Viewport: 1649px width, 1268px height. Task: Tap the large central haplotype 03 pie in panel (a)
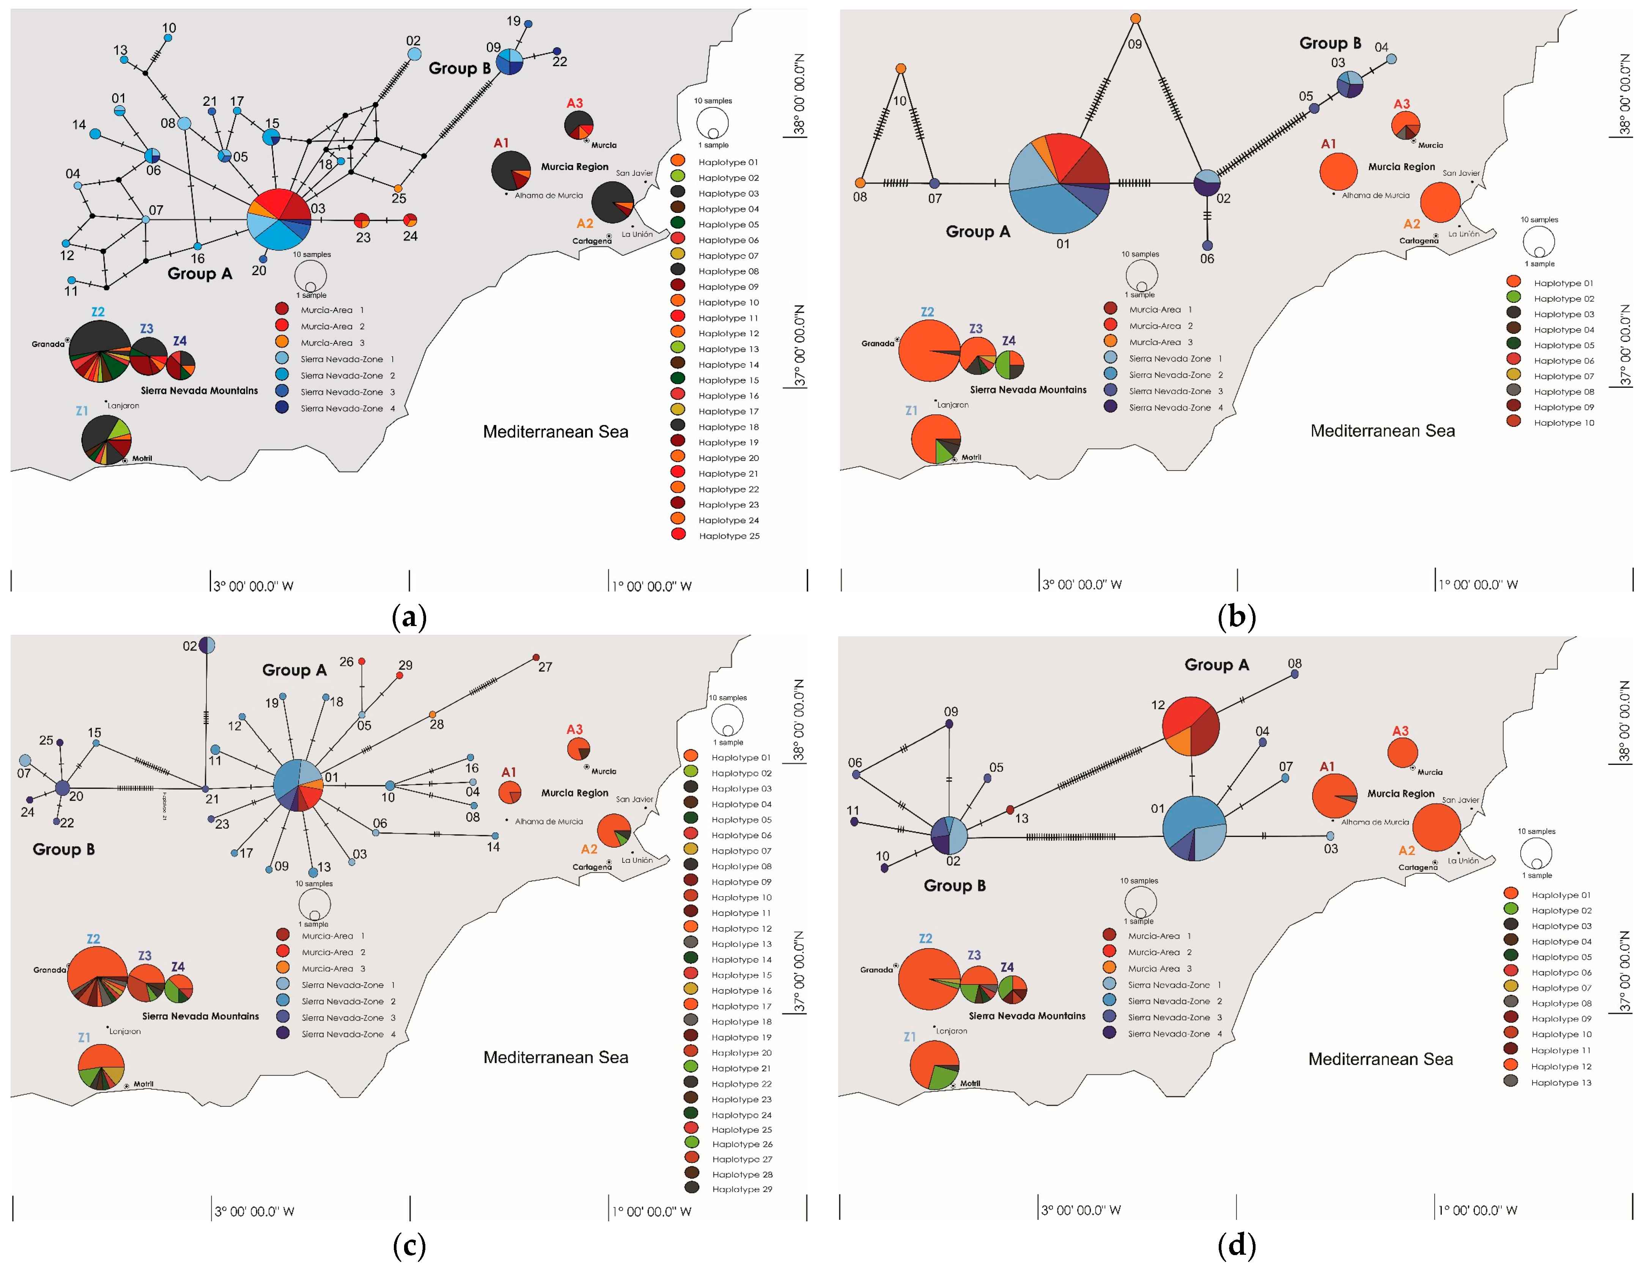(x=279, y=220)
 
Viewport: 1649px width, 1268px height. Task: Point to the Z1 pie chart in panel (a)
(x=106, y=439)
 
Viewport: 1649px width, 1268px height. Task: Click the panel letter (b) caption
(x=1236, y=617)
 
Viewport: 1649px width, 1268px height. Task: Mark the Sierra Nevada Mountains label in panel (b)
(x=1028, y=389)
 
